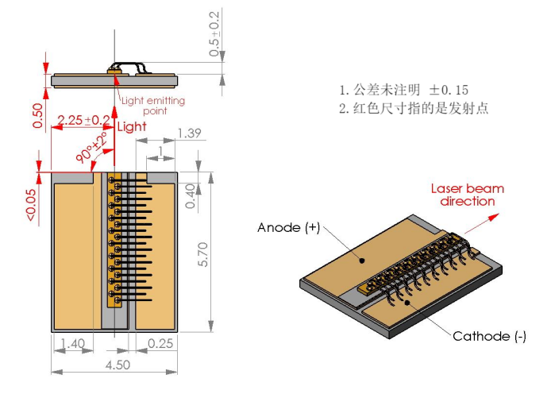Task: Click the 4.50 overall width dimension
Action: point(118,365)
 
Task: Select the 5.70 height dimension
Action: point(203,254)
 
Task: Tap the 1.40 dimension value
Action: point(73,343)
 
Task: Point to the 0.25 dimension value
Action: point(160,343)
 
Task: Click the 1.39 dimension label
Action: point(189,133)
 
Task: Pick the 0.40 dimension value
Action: point(190,195)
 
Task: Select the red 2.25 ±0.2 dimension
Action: point(83,120)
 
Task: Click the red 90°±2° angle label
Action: point(92,148)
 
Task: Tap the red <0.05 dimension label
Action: point(31,205)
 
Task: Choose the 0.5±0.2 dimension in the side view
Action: point(214,33)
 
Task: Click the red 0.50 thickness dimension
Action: point(37,116)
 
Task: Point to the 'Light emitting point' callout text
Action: point(153,106)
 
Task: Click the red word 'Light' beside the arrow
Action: point(132,126)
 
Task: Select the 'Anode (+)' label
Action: point(288,227)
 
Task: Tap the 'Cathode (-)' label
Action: point(489,336)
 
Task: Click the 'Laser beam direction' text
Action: point(468,195)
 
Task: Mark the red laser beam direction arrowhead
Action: point(494,217)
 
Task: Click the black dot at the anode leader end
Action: point(362,261)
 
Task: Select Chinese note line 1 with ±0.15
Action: point(404,90)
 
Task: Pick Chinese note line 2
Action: point(414,108)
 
